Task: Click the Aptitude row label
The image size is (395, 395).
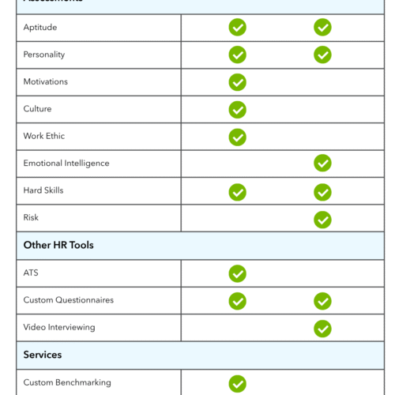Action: click(39, 28)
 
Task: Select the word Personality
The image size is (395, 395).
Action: click(44, 55)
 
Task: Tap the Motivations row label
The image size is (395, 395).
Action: click(46, 82)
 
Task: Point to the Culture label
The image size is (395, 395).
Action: click(37, 109)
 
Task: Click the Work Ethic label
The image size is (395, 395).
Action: click(44, 136)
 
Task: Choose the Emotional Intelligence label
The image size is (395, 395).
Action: click(66, 164)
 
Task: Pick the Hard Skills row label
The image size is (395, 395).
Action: click(43, 190)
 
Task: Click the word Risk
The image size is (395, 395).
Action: click(31, 217)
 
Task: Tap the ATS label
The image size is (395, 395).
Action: click(31, 273)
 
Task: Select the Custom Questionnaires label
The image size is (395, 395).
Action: click(69, 300)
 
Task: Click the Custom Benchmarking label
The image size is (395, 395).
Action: click(67, 382)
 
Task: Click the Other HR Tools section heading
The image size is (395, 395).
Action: click(58, 245)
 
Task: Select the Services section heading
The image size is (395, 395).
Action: click(43, 355)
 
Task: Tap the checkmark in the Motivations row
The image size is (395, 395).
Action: click(237, 82)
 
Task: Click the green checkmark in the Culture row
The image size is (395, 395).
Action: click(237, 110)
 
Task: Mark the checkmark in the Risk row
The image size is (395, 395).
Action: click(322, 219)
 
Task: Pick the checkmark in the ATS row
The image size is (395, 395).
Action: click(237, 273)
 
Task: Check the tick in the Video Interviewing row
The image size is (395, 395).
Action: click(322, 328)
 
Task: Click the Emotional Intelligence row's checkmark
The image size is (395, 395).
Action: click(322, 164)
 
